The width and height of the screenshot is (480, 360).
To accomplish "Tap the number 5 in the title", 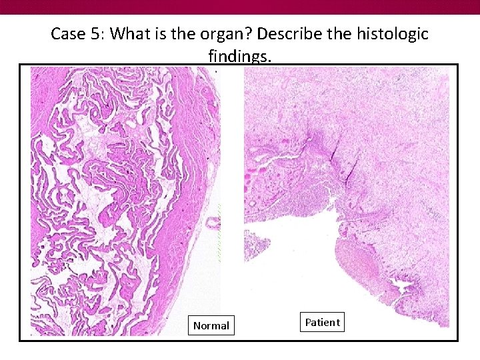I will (95, 34).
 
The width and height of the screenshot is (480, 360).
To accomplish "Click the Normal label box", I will (211, 325).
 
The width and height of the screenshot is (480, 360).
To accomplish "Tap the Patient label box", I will (322, 323).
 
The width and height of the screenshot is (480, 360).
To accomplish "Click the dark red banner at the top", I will (240, 7).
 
